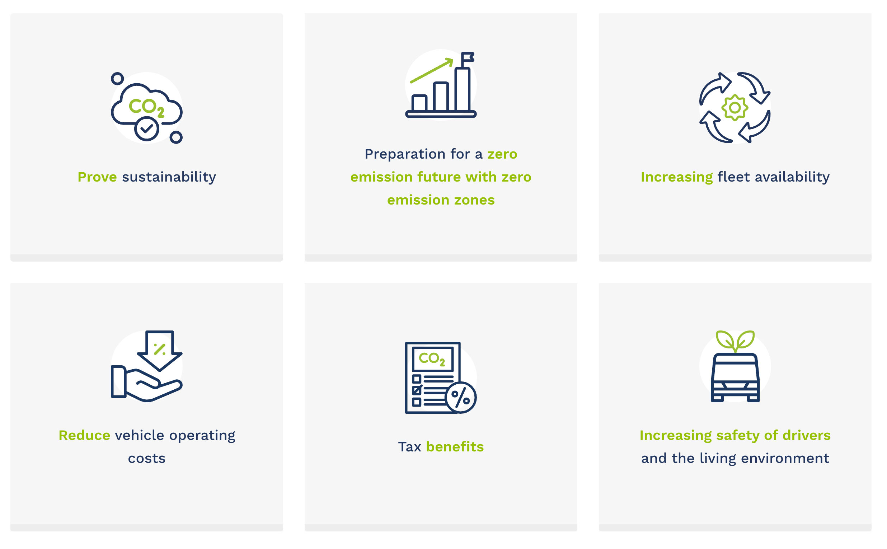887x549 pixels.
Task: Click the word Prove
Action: click(97, 177)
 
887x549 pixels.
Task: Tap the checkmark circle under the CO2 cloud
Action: click(147, 129)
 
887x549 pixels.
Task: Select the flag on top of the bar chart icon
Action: click(467, 57)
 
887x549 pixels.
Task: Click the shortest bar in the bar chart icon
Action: click(419, 103)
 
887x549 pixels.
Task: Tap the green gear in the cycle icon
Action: click(735, 108)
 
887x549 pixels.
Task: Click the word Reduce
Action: click(84, 435)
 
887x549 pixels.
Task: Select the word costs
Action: click(147, 459)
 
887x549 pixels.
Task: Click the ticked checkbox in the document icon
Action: click(417, 390)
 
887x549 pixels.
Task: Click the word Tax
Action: click(409, 447)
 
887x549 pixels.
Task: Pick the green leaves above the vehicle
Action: click(735, 341)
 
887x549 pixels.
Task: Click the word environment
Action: click(785, 459)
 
